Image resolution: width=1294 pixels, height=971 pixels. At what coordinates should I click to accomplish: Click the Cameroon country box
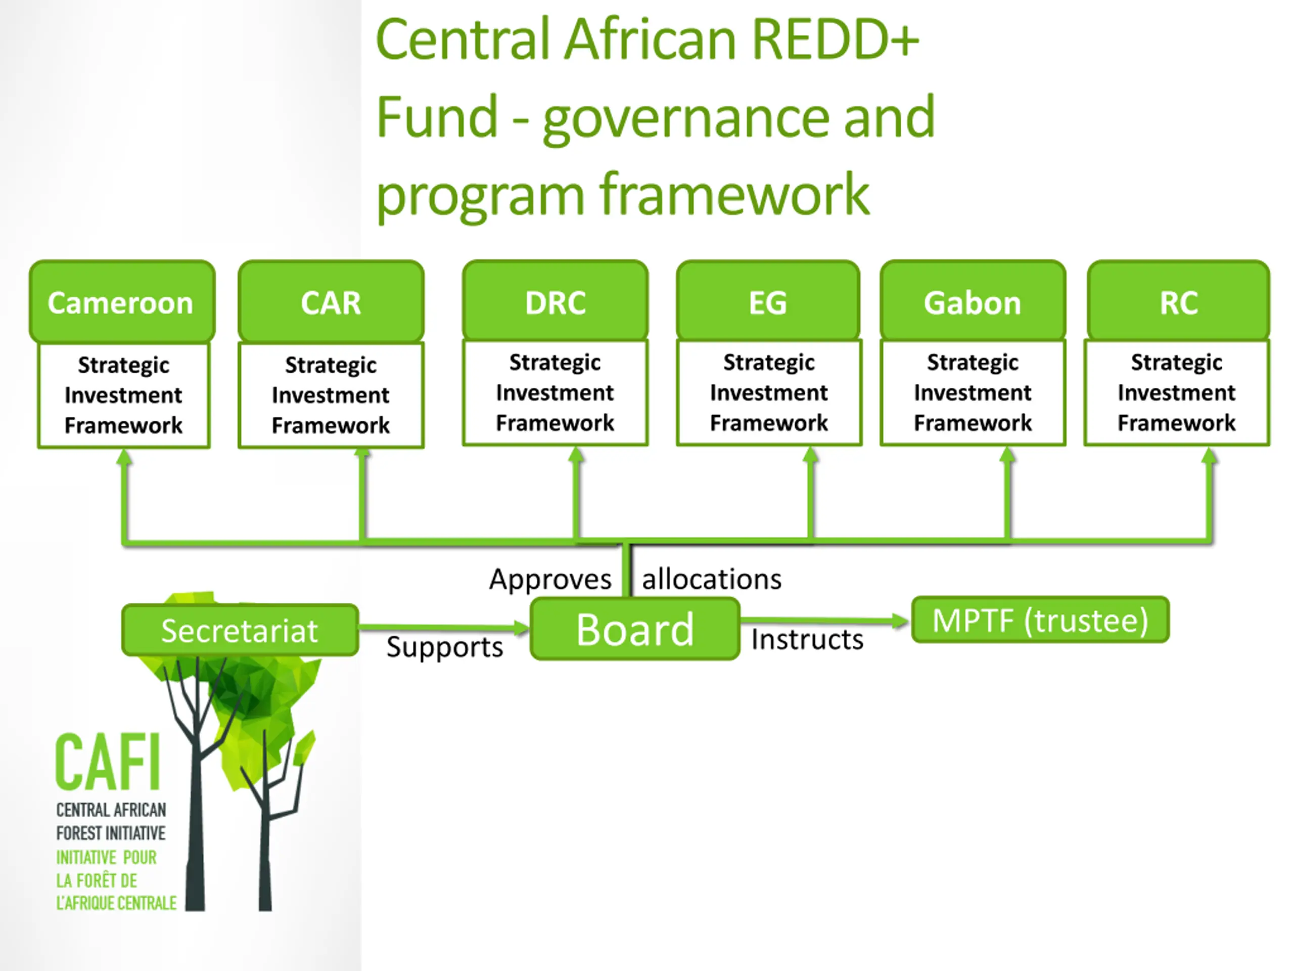point(122,301)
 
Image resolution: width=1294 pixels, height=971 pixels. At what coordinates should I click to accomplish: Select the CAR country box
point(331,301)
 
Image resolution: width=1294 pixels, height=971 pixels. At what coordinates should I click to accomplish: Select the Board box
point(635,629)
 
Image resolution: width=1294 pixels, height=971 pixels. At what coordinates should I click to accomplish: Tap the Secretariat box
point(241,630)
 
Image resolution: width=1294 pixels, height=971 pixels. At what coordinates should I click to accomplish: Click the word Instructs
point(807,639)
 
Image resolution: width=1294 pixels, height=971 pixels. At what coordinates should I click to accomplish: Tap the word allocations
point(712,579)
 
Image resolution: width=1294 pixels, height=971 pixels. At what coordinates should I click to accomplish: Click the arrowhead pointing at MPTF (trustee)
point(901,621)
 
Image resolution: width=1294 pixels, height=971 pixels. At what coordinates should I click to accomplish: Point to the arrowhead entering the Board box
point(521,629)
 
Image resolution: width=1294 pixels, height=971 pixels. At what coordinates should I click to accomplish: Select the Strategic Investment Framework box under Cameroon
point(123,395)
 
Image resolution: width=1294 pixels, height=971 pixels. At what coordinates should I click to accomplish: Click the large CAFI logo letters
point(108,762)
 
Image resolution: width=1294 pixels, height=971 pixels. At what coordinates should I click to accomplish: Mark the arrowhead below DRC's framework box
point(576,456)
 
